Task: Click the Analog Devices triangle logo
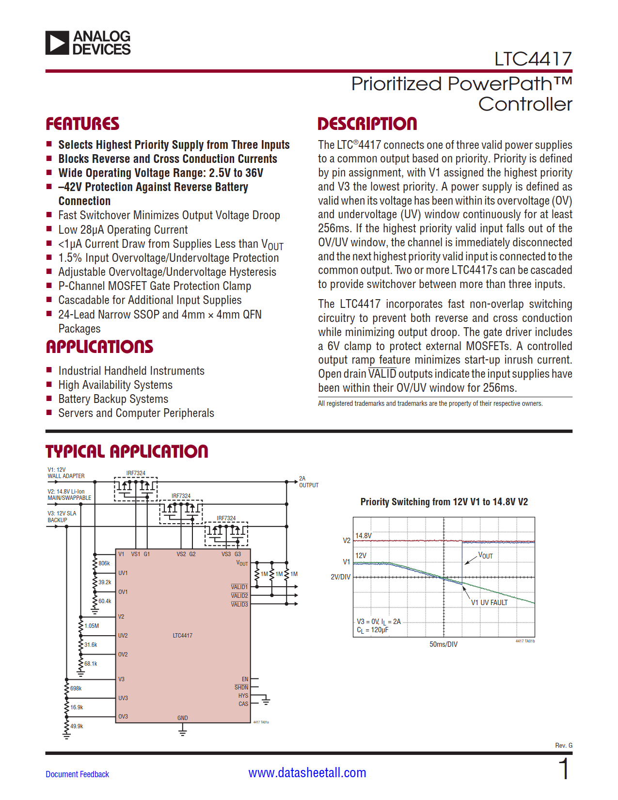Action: coord(57,43)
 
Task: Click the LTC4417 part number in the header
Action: coord(533,59)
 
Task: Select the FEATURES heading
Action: coord(82,124)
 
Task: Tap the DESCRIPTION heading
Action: coord(367,124)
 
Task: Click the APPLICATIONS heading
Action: coord(99,347)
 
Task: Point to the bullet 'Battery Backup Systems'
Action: coord(113,399)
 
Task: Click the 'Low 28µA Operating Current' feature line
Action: coord(123,230)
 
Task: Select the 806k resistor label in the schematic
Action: coord(104,563)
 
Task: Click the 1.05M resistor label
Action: coord(91,626)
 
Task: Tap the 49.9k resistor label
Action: coord(77,726)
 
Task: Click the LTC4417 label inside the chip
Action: coord(182,636)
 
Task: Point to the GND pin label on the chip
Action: coord(182,718)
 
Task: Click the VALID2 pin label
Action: coord(239,596)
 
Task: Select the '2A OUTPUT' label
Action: coord(308,482)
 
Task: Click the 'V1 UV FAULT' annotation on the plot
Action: coord(489,603)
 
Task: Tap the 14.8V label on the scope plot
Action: coord(363,536)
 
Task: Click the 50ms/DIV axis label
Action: coord(443,644)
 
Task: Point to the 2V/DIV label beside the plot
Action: coord(340,577)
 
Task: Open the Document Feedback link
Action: coord(77,774)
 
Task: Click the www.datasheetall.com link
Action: coord(307,773)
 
